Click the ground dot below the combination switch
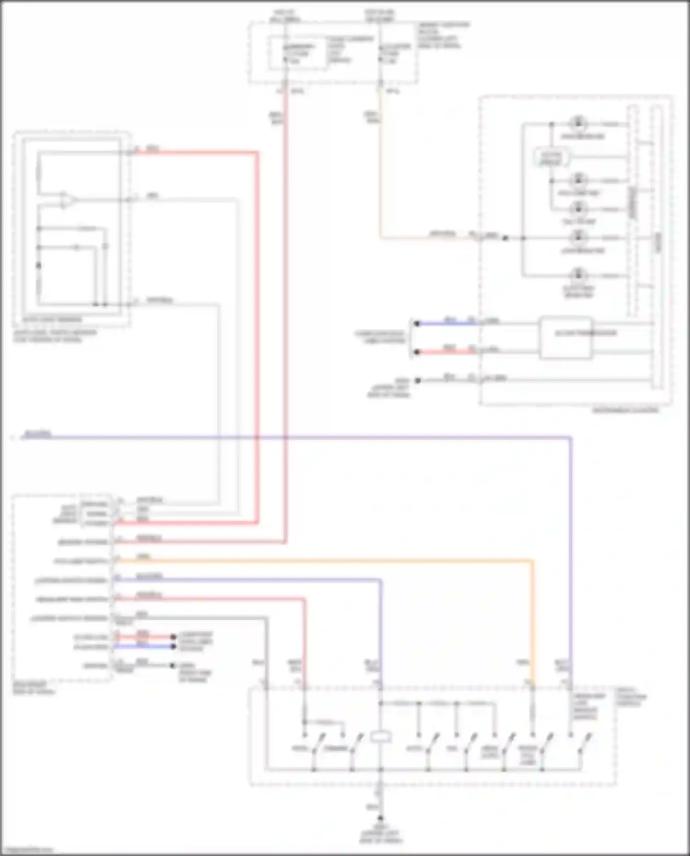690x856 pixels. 380,819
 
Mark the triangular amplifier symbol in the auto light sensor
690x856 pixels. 67,200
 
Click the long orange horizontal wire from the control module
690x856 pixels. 322,561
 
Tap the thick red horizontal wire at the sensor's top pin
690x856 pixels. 193,152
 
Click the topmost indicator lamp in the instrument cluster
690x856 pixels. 578,124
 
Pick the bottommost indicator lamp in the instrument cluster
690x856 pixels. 578,276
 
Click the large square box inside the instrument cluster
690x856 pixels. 565,337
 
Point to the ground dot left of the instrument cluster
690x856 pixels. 418,380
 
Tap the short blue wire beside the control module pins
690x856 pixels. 143,646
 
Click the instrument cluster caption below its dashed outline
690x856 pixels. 626,410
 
